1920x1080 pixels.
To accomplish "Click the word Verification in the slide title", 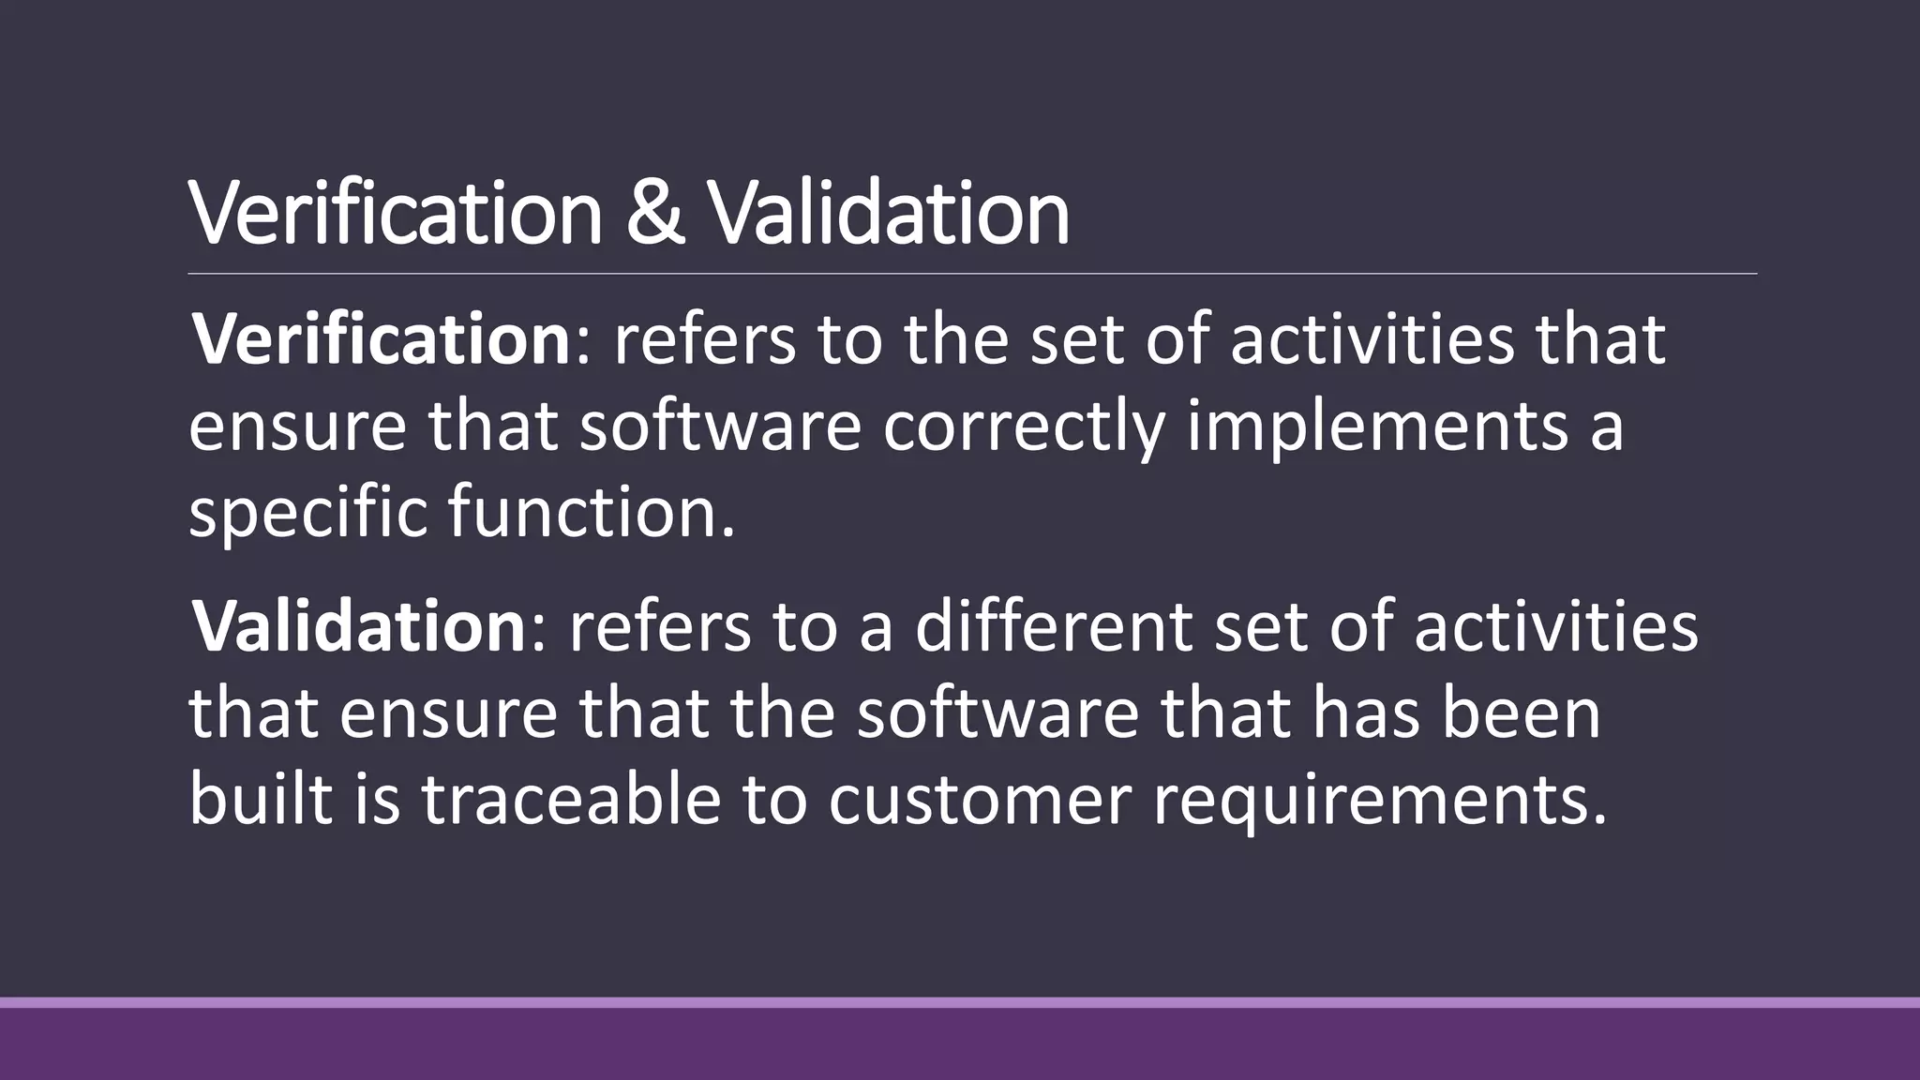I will pos(395,214).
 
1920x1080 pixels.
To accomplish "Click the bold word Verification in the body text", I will pos(381,339).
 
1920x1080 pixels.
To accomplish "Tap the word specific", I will pos(308,514).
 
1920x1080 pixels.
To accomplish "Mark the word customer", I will pos(980,802).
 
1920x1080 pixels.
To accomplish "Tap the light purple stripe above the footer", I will pos(960,1002).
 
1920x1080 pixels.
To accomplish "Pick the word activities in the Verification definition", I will pos(1372,339).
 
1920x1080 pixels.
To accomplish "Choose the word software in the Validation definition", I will pos(997,713).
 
